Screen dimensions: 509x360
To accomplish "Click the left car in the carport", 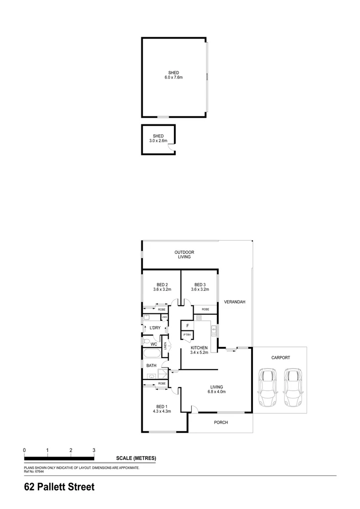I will click(268, 388).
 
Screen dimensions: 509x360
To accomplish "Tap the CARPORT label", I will click(280, 358).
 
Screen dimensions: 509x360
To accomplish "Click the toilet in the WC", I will click(147, 341).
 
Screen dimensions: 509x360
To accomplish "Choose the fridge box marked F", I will click(188, 326).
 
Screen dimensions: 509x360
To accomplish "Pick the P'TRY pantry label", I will click(187, 335).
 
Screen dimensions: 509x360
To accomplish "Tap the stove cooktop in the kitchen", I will click(199, 319).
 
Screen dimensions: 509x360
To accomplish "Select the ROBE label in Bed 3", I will click(205, 309).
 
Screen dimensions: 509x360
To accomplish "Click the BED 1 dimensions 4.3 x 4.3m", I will click(162, 411).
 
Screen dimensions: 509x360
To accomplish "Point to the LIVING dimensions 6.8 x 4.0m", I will click(217, 392).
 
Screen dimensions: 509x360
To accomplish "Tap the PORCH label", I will click(221, 422).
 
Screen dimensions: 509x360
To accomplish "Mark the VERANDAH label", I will click(235, 302).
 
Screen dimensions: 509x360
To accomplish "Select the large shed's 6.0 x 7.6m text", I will click(173, 77).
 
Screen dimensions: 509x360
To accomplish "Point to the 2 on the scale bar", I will click(71, 451).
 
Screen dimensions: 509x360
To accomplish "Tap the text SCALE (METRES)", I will click(136, 458).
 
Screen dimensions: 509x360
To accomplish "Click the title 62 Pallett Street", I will click(59, 487).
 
